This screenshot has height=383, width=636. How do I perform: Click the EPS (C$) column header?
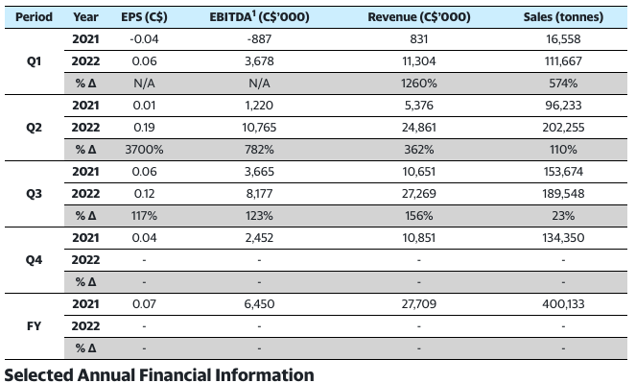point(144,17)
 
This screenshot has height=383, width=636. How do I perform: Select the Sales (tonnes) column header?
point(563,17)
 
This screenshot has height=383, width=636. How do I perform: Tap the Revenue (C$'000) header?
point(419,17)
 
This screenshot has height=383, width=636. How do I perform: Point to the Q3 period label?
point(35,194)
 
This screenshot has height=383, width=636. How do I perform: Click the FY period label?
point(35,325)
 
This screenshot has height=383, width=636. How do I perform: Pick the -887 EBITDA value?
point(259,39)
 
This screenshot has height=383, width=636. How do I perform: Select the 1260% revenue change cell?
point(419,84)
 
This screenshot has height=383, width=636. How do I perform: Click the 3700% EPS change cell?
point(144,150)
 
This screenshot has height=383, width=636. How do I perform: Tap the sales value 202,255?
point(563,128)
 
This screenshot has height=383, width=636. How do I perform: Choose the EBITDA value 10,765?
point(259,128)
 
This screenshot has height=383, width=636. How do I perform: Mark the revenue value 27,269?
point(419,194)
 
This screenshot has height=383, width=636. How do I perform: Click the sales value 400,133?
point(563,304)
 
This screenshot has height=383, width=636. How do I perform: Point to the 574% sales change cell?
point(563,84)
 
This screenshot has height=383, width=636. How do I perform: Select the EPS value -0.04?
point(144,39)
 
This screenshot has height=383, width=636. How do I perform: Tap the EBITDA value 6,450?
point(259,304)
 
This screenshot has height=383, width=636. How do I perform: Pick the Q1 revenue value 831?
point(419,39)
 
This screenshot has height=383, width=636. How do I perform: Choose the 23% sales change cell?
point(563,215)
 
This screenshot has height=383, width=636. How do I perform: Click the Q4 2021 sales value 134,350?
point(563,238)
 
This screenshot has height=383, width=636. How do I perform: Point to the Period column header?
point(35,17)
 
